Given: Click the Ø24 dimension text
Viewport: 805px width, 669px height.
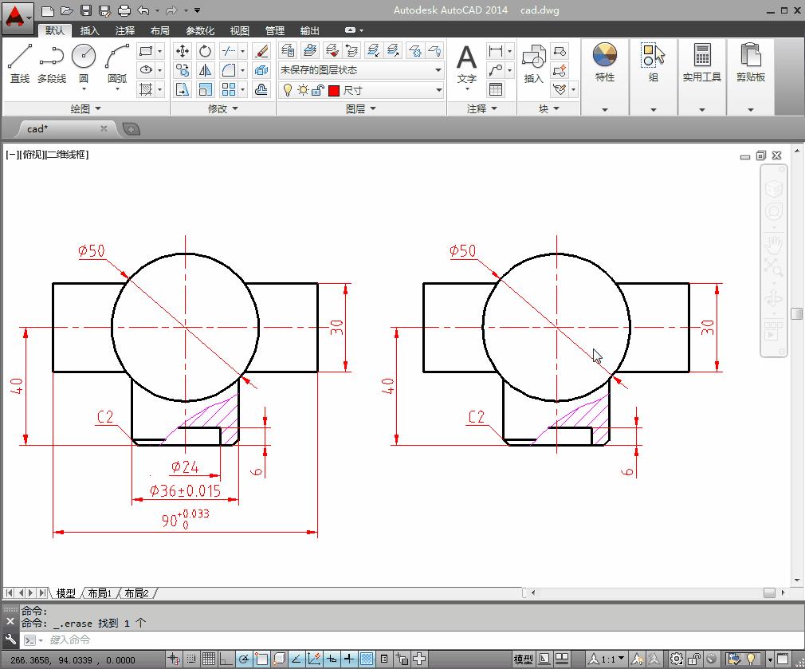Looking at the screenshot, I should point(185,467).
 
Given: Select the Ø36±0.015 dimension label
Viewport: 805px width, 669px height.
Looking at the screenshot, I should point(186,491).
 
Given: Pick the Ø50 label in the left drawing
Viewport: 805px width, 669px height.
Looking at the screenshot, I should point(92,251).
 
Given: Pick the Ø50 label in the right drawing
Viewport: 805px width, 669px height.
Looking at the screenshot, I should point(462,251).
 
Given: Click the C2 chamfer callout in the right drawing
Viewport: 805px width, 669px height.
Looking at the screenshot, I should point(476,416).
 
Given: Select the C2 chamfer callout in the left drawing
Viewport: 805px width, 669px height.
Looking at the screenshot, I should point(105,416).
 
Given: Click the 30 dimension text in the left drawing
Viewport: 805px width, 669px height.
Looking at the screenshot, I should point(336,327).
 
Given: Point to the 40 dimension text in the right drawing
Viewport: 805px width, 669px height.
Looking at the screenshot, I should point(388,386).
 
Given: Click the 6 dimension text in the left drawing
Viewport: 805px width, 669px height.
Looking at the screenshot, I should point(257,471).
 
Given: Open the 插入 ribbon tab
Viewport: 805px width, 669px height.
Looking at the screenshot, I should point(90,30).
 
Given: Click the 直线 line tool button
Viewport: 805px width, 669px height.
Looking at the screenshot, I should point(20,63).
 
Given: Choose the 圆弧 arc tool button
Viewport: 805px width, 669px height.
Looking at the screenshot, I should point(116,63).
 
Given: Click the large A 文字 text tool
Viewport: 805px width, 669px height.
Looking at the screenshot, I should point(466,63).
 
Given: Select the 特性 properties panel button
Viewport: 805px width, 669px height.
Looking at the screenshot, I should point(605,63).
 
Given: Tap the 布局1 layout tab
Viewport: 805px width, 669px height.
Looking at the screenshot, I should point(100,593).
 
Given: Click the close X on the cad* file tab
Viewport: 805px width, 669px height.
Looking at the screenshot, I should point(104,128).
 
